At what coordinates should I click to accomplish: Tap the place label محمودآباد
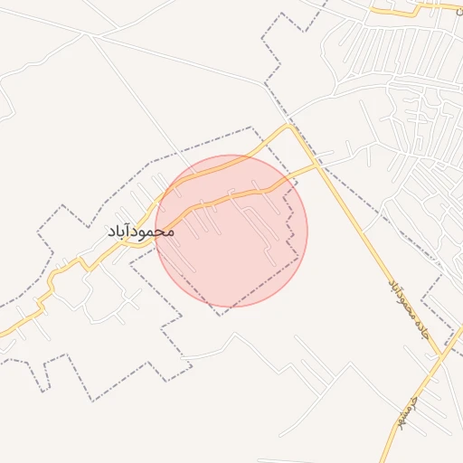tap(140, 231)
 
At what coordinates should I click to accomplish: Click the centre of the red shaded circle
tap(231, 231)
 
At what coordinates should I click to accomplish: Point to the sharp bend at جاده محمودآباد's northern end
tap(291, 126)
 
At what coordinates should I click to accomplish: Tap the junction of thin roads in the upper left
tap(89, 35)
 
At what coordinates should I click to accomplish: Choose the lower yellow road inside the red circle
tap(226, 198)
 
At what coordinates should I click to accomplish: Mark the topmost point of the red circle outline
tap(231, 156)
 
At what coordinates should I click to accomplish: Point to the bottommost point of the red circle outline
tap(231, 307)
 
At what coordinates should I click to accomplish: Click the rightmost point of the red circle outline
tap(307, 231)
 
